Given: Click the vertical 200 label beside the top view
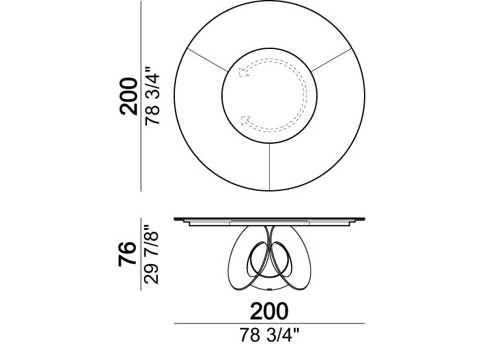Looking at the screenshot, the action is coord(128,96).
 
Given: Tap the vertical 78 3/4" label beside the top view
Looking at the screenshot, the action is coord(153,96).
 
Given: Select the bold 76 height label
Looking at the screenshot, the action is coord(127,253).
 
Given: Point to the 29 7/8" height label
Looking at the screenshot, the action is coord(151,255).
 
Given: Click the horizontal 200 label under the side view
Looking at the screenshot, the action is coord(269,311).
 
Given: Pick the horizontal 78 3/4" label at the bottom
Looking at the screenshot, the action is coord(269,335).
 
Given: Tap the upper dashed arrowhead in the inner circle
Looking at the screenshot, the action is coord(243,72).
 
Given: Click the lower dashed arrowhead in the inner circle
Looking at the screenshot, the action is coord(246,121).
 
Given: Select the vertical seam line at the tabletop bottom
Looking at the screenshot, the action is coord(269,167).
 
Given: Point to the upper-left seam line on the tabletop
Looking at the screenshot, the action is coord(207,59).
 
